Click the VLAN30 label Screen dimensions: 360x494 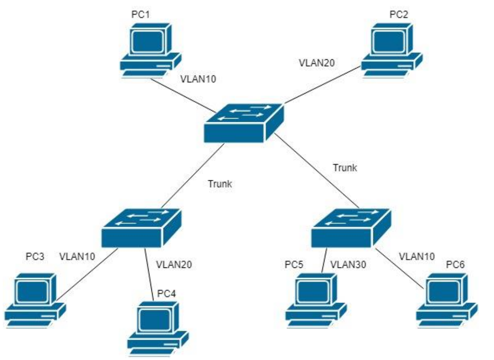tap(348, 265)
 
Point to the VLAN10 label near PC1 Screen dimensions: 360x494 tap(198, 79)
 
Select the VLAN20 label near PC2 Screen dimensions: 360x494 tap(316, 62)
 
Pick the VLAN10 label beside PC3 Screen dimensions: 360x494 tap(77, 257)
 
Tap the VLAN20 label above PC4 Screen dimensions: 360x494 tap(174, 264)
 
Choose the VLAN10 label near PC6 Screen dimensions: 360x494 tap(416, 256)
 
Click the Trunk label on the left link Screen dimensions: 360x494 tap(220, 184)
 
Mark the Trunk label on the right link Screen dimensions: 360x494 tap(345, 168)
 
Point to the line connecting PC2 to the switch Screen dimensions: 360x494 tap(322, 84)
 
